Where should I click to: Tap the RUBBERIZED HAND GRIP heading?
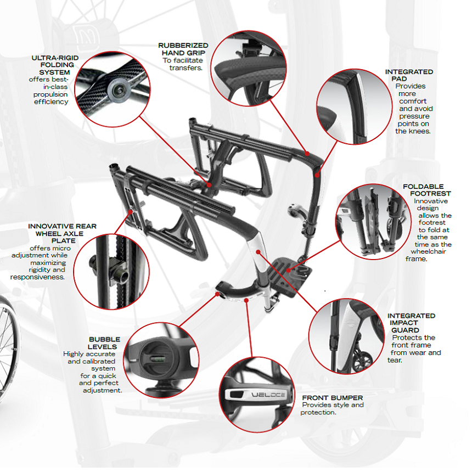click(x=183, y=49)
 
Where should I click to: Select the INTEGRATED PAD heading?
click(x=409, y=75)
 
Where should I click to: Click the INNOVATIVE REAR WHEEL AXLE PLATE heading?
click(x=62, y=234)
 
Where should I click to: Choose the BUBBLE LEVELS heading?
click(x=104, y=343)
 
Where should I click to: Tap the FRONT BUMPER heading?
click(x=332, y=397)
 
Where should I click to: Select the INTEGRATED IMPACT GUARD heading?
click(x=411, y=323)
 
